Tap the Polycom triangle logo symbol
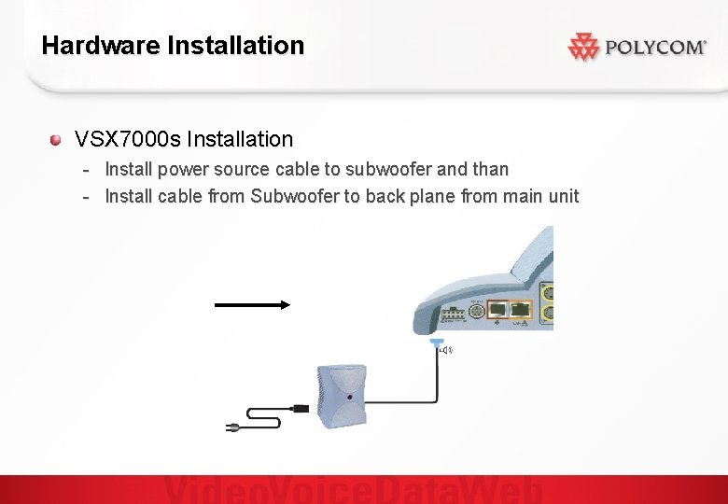coord(582,47)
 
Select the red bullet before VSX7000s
coord(56,140)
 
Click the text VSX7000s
coord(128,140)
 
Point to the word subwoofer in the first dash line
coord(389,170)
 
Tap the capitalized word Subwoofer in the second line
coord(295,197)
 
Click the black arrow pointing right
coord(253,303)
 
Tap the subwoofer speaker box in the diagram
coord(342,396)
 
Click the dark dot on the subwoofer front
coord(348,398)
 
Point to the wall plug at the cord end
coord(232,427)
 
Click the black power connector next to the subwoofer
coord(301,408)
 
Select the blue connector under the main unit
coord(436,344)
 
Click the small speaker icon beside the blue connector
coord(447,350)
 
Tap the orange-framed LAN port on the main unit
coord(521,308)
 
